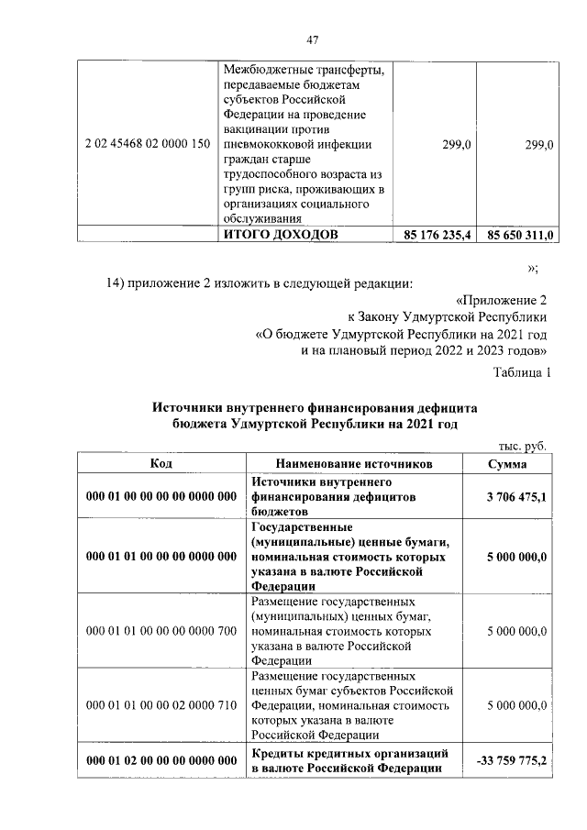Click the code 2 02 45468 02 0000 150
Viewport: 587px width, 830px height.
click(x=148, y=144)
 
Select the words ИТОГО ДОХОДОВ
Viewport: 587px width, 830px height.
click(x=281, y=236)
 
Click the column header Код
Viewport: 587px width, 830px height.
click(x=161, y=464)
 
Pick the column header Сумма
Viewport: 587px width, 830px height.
click(x=507, y=464)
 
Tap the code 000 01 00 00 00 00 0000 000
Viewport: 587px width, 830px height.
click(x=161, y=496)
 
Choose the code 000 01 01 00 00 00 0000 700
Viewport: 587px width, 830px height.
click(x=161, y=631)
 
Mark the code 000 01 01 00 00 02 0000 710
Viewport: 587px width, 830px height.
click(x=161, y=704)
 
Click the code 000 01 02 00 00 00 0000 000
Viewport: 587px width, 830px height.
click(x=161, y=760)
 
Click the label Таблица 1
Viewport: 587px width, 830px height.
click(x=522, y=372)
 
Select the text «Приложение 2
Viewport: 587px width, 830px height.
click(x=502, y=300)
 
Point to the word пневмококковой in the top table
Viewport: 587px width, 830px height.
click(x=271, y=144)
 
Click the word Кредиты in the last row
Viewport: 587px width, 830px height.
click(x=275, y=753)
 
